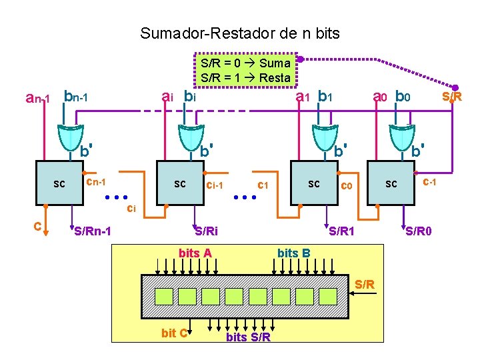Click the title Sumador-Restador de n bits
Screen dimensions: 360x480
(239, 33)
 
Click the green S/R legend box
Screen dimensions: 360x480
(245, 70)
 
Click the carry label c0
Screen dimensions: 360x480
(347, 186)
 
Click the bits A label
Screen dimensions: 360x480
(195, 253)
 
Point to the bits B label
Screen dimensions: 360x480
(293, 253)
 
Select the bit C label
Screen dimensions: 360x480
(174, 333)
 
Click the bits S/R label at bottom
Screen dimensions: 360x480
(249, 337)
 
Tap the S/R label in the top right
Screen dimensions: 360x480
(452, 97)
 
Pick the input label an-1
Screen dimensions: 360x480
(37, 99)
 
